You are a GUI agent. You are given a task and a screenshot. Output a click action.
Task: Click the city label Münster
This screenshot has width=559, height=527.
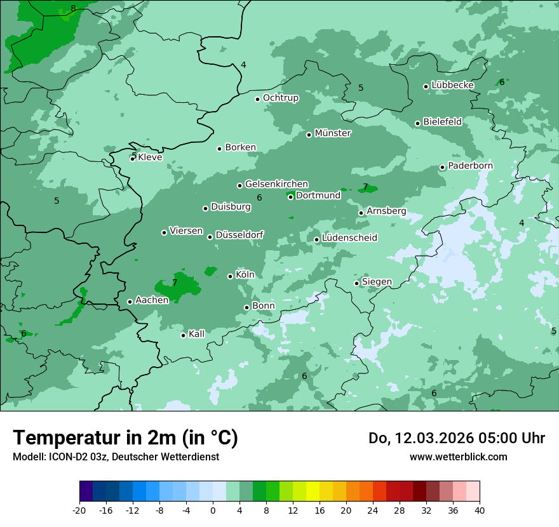(333, 133)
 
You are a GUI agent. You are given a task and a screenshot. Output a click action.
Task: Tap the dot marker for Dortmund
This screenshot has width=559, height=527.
(291, 197)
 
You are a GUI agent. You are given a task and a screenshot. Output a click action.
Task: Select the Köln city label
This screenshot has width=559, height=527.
(245, 275)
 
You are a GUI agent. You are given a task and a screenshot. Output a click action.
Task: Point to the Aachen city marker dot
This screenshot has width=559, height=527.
(130, 302)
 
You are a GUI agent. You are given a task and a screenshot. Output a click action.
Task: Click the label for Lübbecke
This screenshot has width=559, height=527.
(453, 85)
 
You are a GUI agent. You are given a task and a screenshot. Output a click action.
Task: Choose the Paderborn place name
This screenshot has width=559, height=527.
(471, 166)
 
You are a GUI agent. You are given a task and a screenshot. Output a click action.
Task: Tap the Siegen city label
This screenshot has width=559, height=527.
(377, 282)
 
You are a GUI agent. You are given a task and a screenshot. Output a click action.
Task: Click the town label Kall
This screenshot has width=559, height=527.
(197, 334)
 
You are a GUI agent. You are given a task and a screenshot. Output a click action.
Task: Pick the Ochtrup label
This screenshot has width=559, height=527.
(281, 98)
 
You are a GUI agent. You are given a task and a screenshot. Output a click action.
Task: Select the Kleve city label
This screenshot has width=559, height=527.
(150, 157)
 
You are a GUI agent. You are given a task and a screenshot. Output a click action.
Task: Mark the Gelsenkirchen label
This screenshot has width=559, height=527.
(276, 184)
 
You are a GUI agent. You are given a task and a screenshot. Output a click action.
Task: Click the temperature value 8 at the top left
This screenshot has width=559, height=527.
(73, 8)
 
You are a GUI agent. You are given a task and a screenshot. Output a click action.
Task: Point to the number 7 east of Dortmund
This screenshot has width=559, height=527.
(365, 187)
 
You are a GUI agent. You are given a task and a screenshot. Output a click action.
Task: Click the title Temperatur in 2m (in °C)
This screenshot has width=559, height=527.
(125, 437)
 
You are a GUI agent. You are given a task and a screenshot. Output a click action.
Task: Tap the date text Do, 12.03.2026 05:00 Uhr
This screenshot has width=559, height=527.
(457, 438)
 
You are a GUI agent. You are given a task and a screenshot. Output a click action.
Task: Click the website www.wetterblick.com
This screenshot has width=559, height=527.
(458, 457)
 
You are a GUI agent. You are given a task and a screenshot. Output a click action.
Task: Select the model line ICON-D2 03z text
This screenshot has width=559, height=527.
(116, 457)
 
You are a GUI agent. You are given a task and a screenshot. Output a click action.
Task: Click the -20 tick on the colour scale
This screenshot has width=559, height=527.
(79, 510)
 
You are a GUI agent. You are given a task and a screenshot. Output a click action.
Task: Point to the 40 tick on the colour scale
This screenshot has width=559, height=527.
(480, 510)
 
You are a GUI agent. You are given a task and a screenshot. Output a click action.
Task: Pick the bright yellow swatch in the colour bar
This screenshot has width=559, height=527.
(313, 491)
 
